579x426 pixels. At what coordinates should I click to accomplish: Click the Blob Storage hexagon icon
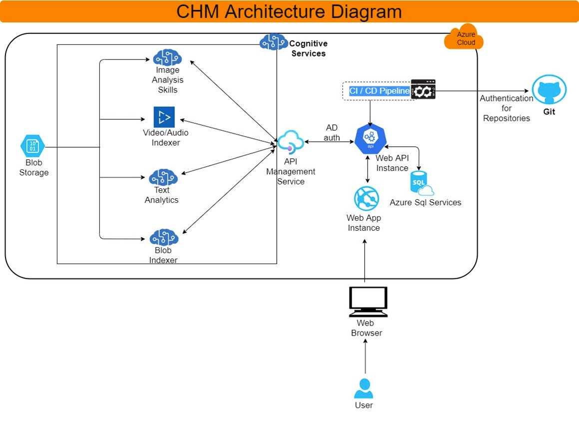[32, 146]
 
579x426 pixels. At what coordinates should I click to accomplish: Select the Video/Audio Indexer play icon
[164, 117]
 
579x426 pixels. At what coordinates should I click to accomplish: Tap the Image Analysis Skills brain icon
[167, 57]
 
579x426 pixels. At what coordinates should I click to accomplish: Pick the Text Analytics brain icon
[163, 177]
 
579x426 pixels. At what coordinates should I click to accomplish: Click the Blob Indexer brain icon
[164, 237]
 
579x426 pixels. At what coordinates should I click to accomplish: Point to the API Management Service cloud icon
[290, 142]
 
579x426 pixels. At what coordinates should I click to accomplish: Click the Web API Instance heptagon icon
[370, 139]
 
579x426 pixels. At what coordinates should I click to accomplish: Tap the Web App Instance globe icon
[366, 198]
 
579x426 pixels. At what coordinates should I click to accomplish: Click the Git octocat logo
[549, 90]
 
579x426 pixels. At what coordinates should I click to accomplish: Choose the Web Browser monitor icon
[368, 301]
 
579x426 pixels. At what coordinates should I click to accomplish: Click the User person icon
[364, 389]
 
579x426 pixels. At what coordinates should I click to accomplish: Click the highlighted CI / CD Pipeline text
[379, 91]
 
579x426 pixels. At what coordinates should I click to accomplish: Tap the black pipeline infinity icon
[423, 89]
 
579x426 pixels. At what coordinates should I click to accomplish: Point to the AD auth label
[332, 133]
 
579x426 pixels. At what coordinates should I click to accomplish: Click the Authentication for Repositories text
[507, 108]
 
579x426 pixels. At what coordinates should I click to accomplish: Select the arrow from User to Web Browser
[366, 357]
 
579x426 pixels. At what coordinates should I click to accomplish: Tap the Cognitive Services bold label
[308, 48]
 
